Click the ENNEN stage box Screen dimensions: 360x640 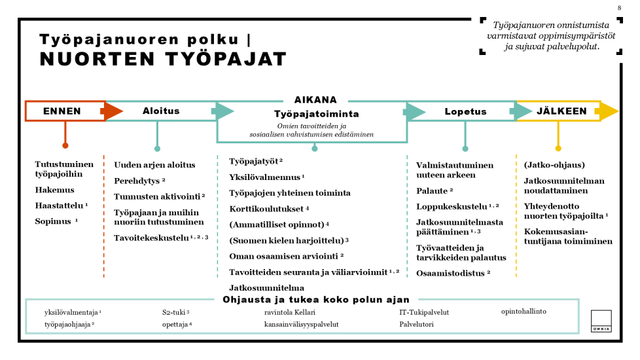pyautogui.click(x=63, y=111)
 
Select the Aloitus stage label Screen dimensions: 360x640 pyautogui.click(x=161, y=111)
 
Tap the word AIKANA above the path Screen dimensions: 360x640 pyautogui.click(x=315, y=100)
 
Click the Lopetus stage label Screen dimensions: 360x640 pyautogui.click(x=465, y=112)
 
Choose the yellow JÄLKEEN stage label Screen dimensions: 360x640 pyautogui.click(x=561, y=111)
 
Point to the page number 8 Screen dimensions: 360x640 pyautogui.click(x=619, y=8)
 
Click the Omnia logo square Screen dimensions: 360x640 pyautogui.click(x=601, y=321)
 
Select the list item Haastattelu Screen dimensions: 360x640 pyautogui.click(x=62, y=206)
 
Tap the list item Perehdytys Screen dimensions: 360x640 pyautogui.click(x=139, y=180)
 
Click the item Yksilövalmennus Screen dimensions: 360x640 pyautogui.click(x=266, y=177)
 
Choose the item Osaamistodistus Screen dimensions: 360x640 pyautogui.click(x=453, y=272)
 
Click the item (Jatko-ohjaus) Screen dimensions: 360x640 pyautogui.click(x=554, y=165)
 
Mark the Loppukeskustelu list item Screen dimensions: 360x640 pyautogui.click(x=457, y=206)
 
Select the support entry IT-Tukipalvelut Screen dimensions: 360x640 pyautogui.click(x=423, y=312)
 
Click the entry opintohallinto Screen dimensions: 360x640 pyautogui.click(x=524, y=311)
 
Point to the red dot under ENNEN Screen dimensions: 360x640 pyautogui.click(x=65, y=145)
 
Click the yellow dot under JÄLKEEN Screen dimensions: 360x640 pyautogui.click(x=558, y=149)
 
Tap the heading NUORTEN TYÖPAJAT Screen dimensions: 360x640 pyautogui.click(x=163, y=60)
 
